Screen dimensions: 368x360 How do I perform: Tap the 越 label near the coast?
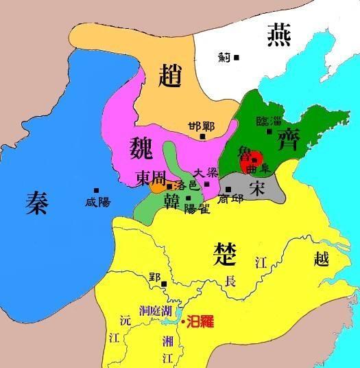[321, 260]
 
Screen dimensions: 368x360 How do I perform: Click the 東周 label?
[149, 176]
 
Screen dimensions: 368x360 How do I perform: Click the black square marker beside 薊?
[236, 58]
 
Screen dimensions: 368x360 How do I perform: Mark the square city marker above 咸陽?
[97, 190]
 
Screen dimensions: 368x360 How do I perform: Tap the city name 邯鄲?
[201, 126]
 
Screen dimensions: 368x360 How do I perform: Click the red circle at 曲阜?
[254, 158]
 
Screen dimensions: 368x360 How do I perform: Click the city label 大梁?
[207, 173]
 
